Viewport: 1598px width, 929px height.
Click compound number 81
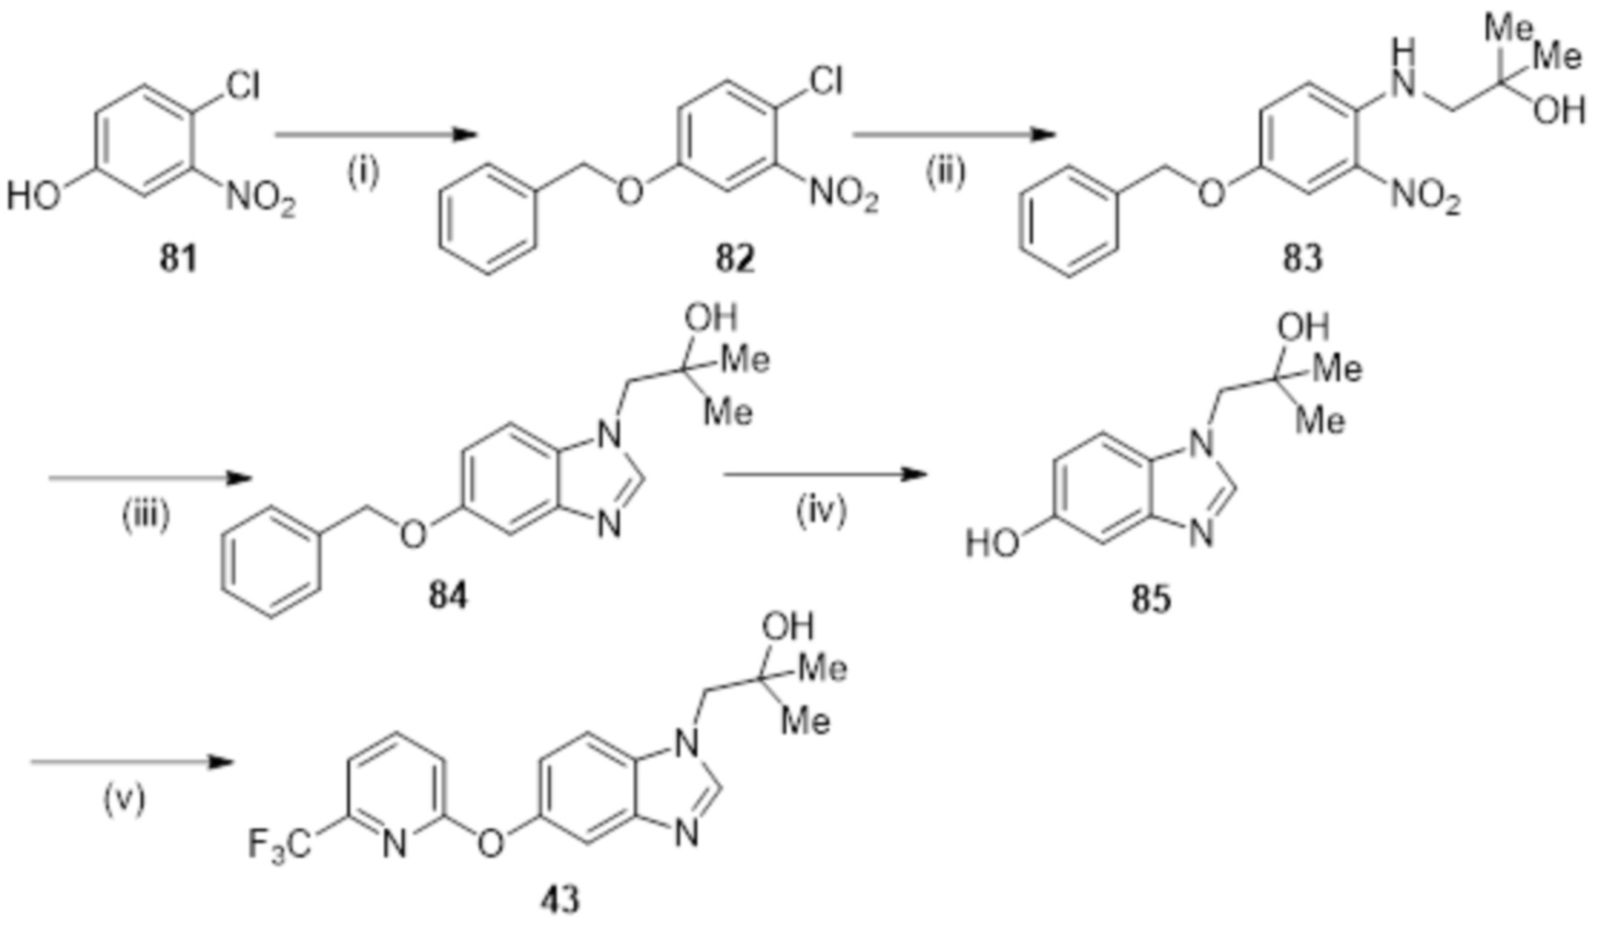click(x=178, y=259)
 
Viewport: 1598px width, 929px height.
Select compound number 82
click(x=735, y=259)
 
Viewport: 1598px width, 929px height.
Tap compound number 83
click(x=1302, y=259)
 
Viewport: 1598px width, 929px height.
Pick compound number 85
click(x=1151, y=599)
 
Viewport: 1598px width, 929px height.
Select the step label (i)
click(x=363, y=173)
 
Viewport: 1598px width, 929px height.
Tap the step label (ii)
click(x=945, y=173)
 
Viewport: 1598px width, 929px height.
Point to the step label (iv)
click(x=821, y=510)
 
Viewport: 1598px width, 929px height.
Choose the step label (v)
click(x=124, y=799)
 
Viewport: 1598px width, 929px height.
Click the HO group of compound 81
click(x=34, y=196)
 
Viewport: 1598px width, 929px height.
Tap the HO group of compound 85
click(x=993, y=543)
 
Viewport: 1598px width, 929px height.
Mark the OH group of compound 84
click(x=711, y=318)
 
